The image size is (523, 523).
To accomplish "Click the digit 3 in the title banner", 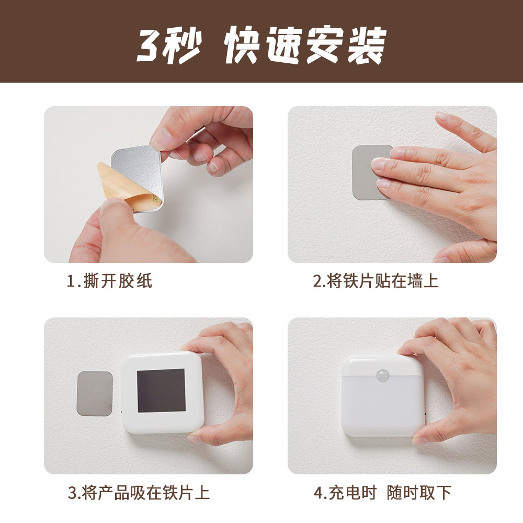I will click(150, 44).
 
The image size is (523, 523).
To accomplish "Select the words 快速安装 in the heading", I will click(305, 44).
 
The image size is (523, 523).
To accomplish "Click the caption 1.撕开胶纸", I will click(109, 281).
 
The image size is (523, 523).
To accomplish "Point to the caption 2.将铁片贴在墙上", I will click(376, 281).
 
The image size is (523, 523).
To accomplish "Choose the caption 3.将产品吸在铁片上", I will click(139, 493).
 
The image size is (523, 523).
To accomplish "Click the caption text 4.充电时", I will click(345, 493).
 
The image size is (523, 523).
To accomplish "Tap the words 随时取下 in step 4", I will click(419, 493).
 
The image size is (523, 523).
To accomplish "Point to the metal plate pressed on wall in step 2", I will click(366, 173).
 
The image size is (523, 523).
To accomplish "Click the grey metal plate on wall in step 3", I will click(94, 393).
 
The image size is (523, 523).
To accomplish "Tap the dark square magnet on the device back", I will click(161, 390).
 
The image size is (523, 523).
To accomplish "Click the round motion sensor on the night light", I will click(383, 376).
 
